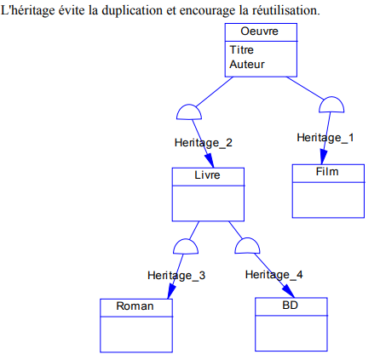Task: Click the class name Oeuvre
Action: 259,31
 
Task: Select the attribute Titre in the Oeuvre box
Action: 242,50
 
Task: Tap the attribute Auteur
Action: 247,65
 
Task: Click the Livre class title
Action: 207,175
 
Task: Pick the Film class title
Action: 327,172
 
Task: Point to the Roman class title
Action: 135,306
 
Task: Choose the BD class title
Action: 290,306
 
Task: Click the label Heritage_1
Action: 325,138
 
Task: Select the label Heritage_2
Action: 204,143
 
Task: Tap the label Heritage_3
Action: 176,276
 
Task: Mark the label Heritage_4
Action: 274,275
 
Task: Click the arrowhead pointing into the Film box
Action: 323,157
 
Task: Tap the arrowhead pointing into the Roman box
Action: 171,291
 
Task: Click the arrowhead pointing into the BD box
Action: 289,291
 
